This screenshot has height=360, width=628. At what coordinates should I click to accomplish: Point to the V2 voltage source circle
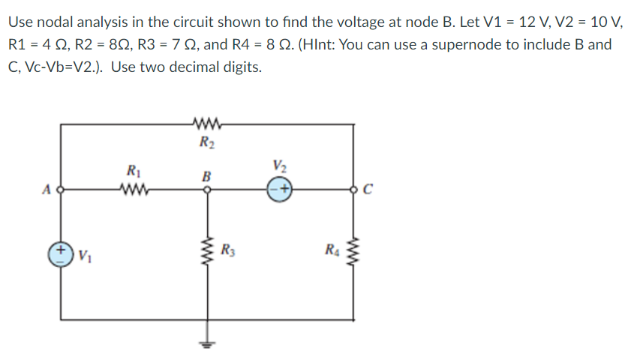click(280, 190)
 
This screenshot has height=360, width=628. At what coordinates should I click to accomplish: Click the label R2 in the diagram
click(204, 139)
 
